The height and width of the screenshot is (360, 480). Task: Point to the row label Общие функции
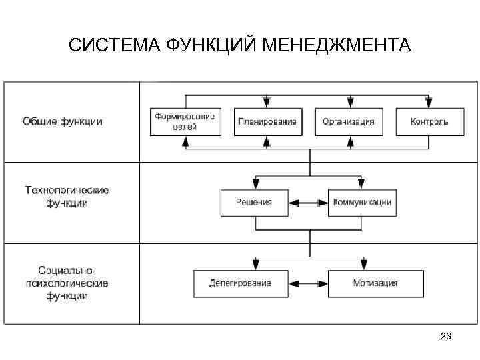tap(63, 121)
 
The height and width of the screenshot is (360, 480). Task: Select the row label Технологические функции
tap(67, 197)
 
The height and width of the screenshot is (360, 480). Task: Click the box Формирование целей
tap(185, 121)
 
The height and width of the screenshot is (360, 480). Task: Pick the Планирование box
tap(267, 121)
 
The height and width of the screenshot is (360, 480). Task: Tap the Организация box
tap(348, 121)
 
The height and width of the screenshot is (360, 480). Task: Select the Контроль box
tap(429, 121)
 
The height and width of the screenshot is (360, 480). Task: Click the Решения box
tap(255, 203)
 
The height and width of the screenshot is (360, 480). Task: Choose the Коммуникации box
tap(361, 203)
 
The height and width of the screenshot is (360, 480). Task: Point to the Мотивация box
tap(375, 283)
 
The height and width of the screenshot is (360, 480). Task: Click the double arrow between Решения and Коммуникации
tap(309, 203)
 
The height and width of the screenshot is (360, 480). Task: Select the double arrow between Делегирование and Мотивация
tap(308, 283)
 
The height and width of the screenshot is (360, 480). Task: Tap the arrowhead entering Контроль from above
tap(429, 103)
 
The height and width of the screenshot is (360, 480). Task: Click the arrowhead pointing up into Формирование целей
tap(185, 141)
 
